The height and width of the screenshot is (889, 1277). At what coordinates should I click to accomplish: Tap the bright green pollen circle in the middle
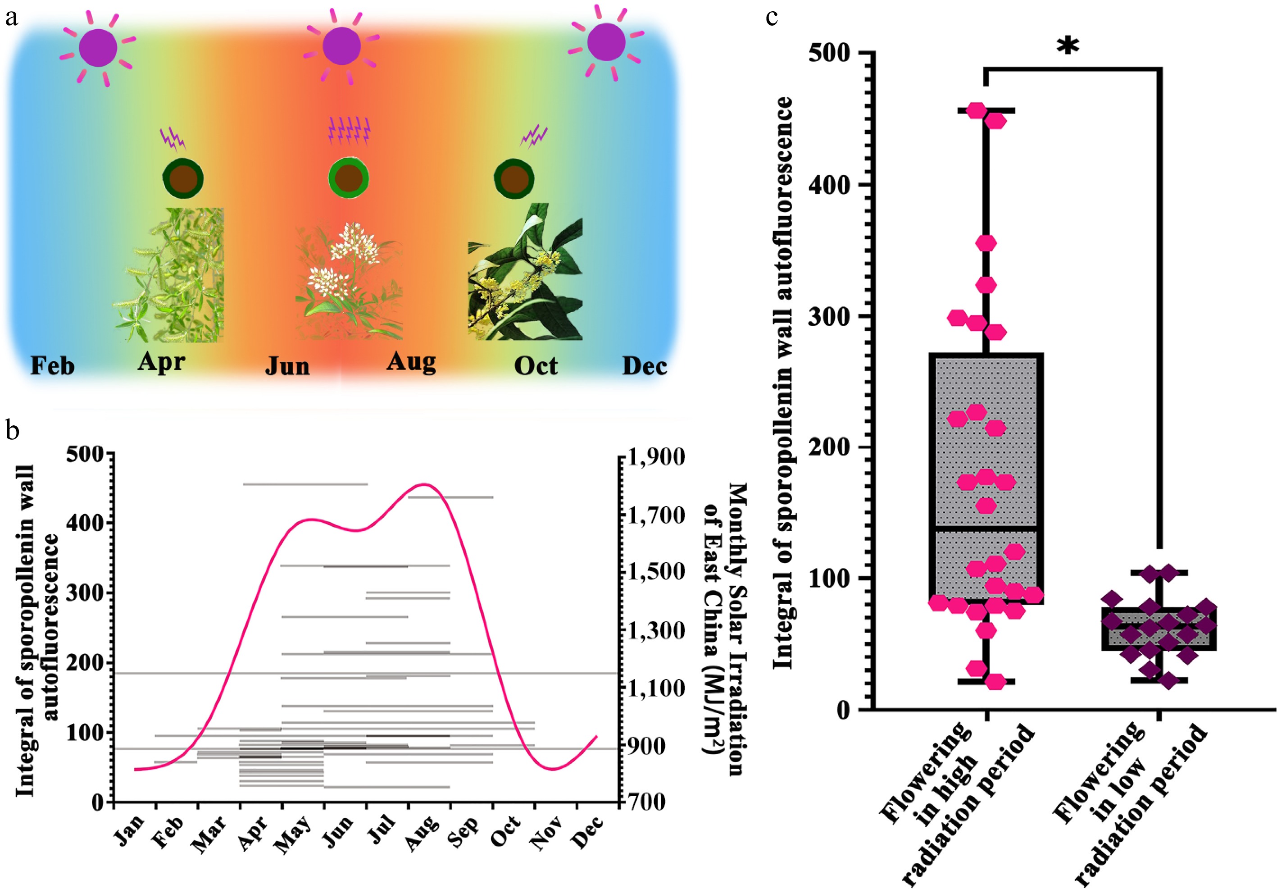[x=348, y=178]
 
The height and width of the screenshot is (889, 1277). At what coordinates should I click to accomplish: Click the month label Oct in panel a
[x=536, y=365]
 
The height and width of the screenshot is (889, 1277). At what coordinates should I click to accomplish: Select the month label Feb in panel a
[x=52, y=366]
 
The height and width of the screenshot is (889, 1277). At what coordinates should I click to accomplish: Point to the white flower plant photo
[x=349, y=281]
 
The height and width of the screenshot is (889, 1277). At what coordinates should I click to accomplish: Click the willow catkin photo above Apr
[x=170, y=275]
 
